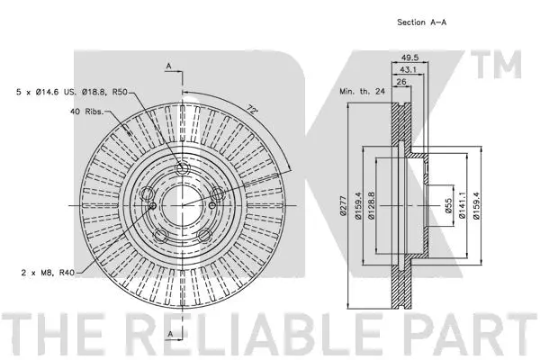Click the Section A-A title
tap(422, 22)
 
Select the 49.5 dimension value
tap(409, 58)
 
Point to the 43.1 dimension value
tap(408, 69)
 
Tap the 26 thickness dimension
tap(401, 82)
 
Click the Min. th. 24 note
tap(362, 92)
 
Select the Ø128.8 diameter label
tap(371, 206)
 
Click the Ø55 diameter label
tap(448, 206)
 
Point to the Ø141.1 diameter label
tap(462, 206)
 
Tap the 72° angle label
tap(252, 110)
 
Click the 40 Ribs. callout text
tap(86, 112)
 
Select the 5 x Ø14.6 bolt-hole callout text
tap(72, 92)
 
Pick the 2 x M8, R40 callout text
tap(48, 273)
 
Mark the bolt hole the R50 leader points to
tap(182, 169)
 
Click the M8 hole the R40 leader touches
tap(153, 206)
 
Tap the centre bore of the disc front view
tap(182, 206)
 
